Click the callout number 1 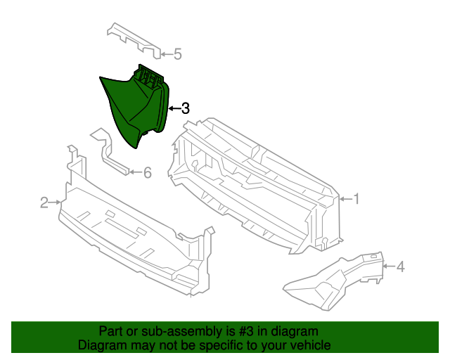pyautogui.click(x=356, y=199)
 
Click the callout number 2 pyautogui.click(x=44, y=202)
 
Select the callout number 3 pyautogui.click(x=186, y=108)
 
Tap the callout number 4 pyautogui.click(x=400, y=266)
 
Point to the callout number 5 pyautogui.click(x=177, y=53)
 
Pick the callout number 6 pyautogui.click(x=147, y=172)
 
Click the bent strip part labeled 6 pyautogui.click(x=109, y=151)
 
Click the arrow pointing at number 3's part pyautogui.click(x=174, y=108)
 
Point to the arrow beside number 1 pyautogui.click(x=345, y=199)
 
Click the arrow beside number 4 pyautogui.click(x=388, y=266)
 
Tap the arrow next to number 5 pyautogui.click(x=166, y=53)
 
